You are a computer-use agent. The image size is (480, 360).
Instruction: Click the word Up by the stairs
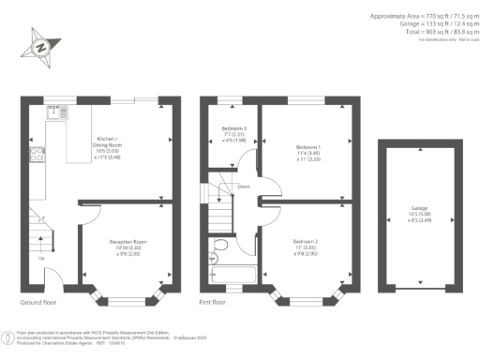click(x=40, y=257)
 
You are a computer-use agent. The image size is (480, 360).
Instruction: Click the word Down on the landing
click(x=243, y=186)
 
